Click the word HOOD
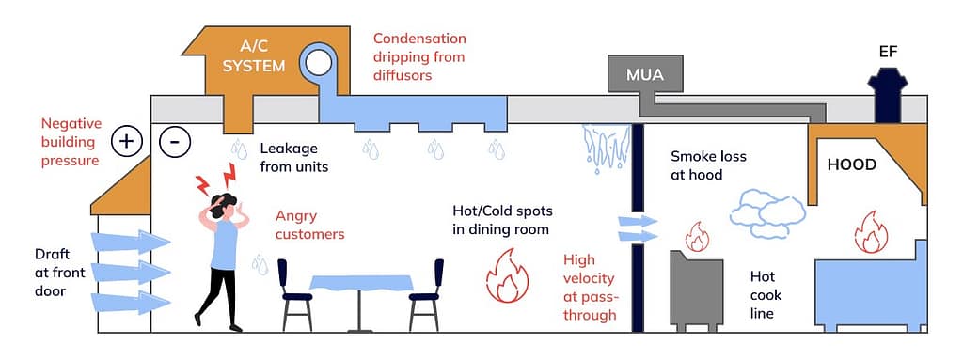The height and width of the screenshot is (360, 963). [x=851, y=164]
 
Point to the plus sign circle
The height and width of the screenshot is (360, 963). [x=126, y=142]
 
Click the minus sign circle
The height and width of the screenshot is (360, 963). [x=174, y=142]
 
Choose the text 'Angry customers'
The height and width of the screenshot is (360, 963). [x=309, y=225]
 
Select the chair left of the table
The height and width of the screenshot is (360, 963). [x=296, y=293]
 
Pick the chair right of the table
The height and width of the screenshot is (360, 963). [x=425, y=293]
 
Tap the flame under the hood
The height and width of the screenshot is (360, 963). [x=870, y=231]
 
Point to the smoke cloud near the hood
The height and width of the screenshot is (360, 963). [x=766, y=211]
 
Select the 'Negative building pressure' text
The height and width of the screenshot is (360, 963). [x=70, y=141]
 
